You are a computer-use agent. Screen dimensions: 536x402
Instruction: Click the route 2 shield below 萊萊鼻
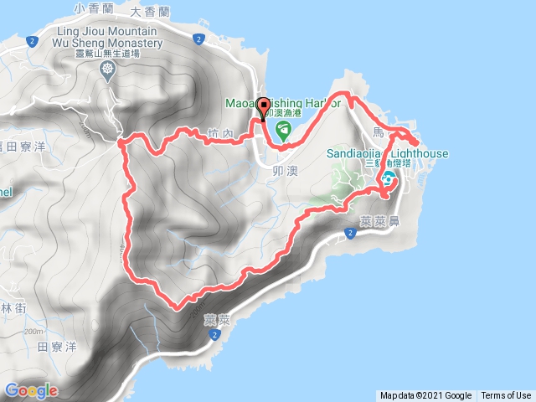click(349, 233)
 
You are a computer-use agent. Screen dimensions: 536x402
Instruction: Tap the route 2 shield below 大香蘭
click(198, 39)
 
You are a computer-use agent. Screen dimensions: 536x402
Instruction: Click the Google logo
click(31, 390)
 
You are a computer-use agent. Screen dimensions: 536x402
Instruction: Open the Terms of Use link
click(506, 396)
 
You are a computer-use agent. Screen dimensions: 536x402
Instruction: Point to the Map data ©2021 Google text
click(425, 396)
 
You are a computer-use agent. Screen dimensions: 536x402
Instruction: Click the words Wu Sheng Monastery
click(106, 41)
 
